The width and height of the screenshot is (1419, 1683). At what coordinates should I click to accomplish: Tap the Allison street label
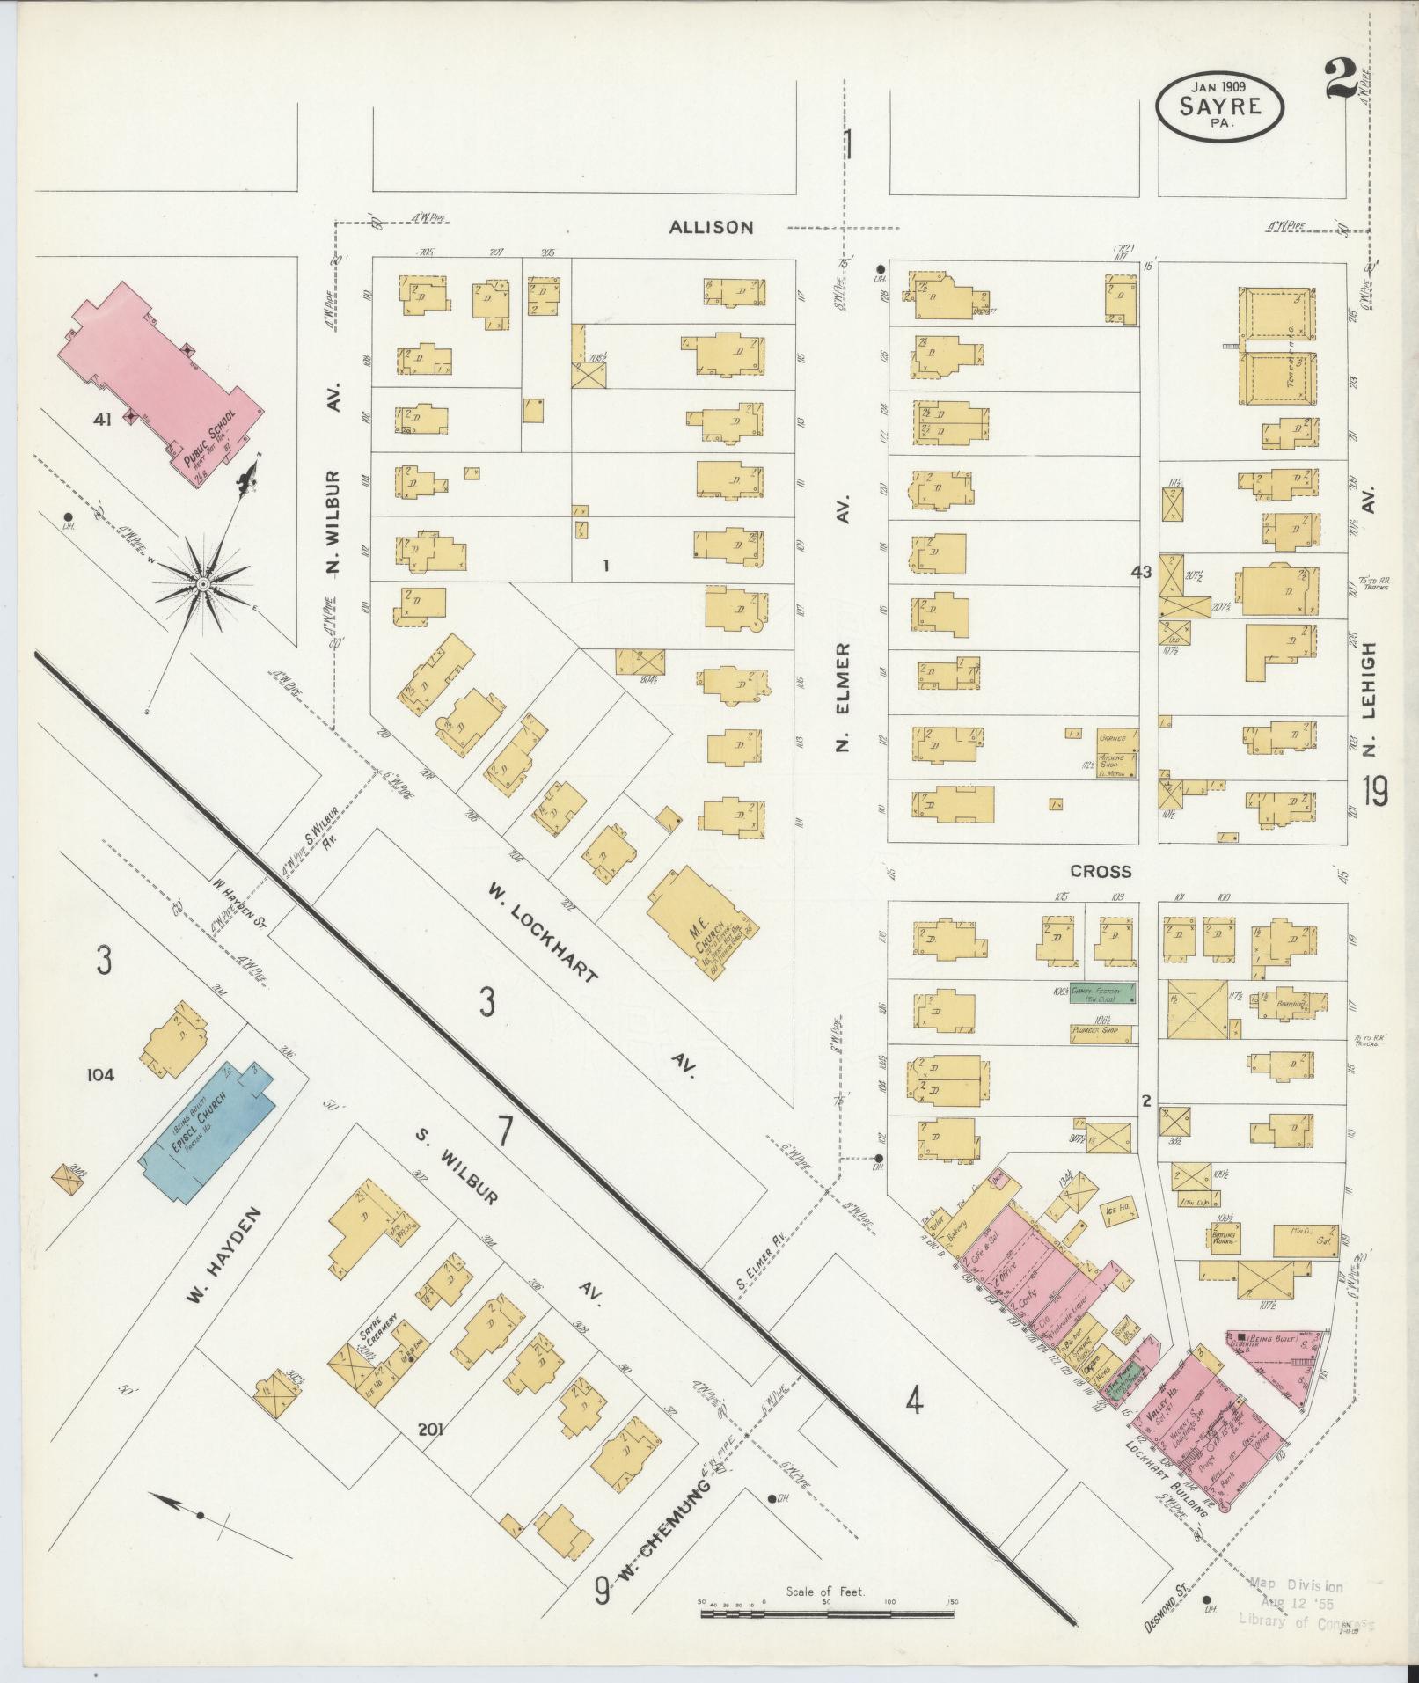pos(711,227)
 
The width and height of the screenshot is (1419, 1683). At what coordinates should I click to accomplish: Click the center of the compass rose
pos(202,584)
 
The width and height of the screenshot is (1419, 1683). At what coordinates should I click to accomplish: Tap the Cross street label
pos(1100,871)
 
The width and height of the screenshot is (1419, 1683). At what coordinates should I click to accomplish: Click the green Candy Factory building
pos(1101,992)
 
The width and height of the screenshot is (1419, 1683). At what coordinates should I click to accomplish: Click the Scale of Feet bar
pos(826,1614)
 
